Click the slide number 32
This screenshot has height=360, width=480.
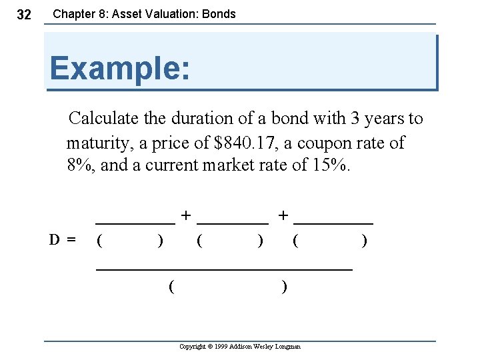coord(23,15)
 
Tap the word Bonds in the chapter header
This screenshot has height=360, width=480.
coord(218,14)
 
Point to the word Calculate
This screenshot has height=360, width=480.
coord(101,119)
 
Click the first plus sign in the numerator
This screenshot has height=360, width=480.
coord(186,215)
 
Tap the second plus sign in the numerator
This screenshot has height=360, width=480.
coord(284,215)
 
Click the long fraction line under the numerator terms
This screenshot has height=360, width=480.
coord(224,269)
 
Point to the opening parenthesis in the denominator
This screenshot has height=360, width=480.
coord(172,287)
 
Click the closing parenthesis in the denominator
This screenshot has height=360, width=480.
coord(285,287)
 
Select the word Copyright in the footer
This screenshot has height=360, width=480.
coord(194,347)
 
